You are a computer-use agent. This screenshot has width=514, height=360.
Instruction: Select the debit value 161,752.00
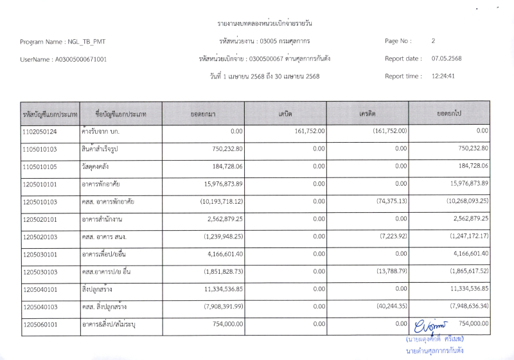pos(310,131)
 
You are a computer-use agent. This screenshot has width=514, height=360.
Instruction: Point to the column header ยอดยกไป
pos(449,114)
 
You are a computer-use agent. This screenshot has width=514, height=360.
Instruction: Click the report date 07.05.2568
pos(447,59)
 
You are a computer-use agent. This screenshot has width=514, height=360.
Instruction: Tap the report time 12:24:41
pos(443,76)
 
